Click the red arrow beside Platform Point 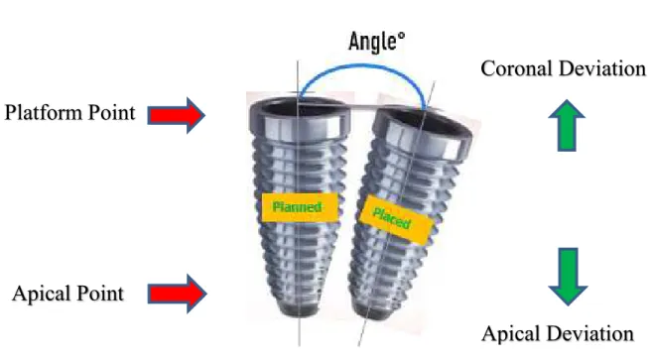coord(177,115)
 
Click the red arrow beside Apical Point coord(177,294)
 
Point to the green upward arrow coord(567,125)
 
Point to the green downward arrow coord(568,277)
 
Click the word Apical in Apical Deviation coord(511,333)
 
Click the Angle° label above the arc coord(377,42)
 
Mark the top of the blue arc coord(362,64)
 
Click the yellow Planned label coord(300,207)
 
